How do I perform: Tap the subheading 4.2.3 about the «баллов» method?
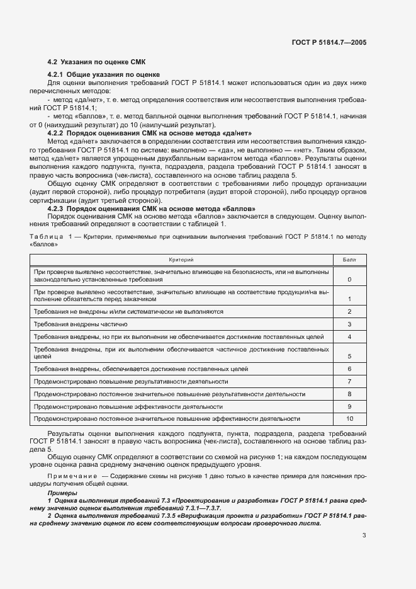151,209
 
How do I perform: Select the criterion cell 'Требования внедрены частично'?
81,324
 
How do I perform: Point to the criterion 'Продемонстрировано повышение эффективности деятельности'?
125,406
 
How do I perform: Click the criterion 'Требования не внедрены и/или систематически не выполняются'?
128,312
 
